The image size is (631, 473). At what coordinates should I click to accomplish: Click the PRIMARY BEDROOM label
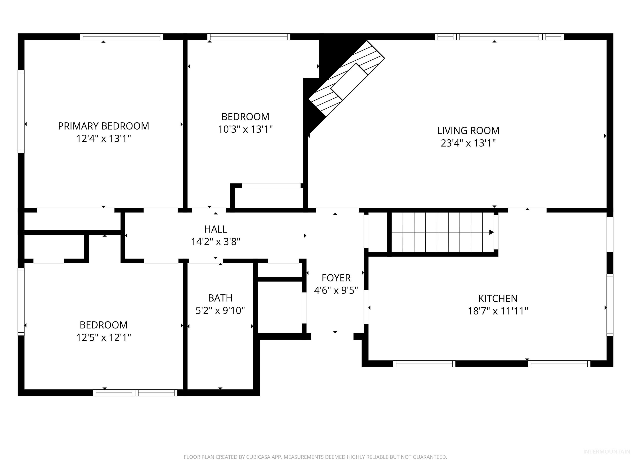[104, 126]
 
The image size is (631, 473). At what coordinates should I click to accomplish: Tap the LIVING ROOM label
[468, 131]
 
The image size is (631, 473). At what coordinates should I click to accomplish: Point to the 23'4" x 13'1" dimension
[468, 143]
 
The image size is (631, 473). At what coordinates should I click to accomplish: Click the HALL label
[216, 229]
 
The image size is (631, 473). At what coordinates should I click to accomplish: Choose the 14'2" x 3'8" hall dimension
[216, 242]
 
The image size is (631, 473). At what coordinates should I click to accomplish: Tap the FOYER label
[336, 278]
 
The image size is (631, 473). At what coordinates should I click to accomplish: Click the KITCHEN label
[498, 298]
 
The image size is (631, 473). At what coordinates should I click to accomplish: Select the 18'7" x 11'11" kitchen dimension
[498, 311]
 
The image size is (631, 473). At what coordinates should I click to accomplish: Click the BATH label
[220, 298]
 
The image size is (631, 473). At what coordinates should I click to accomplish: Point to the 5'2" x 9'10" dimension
[220, 310]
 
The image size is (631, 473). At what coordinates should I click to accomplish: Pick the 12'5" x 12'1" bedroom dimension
[104, 338]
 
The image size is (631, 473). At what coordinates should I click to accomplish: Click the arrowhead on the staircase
[491, 232]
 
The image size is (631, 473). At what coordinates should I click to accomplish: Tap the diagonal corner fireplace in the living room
[347, 80]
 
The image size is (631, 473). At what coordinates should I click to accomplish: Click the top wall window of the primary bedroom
[122, 37]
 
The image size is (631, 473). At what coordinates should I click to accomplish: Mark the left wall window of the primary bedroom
[21, 111]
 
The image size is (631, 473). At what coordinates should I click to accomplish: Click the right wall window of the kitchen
[610, 305]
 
